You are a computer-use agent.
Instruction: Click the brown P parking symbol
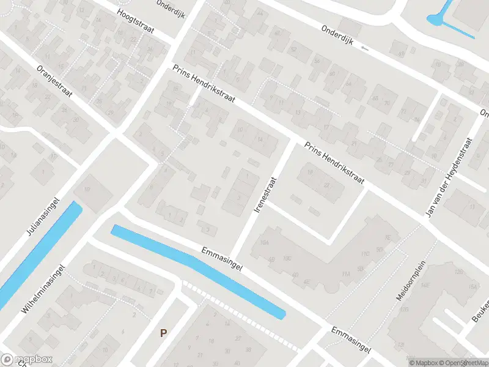click(x=163, y=333)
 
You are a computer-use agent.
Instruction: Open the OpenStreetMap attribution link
click(x=462, y=363)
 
